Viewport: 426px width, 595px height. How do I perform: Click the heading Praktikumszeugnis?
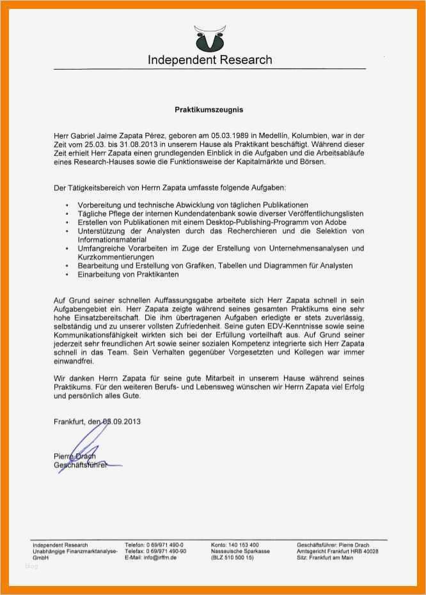(209, 109)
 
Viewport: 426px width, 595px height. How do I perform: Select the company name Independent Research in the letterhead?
(210, 61)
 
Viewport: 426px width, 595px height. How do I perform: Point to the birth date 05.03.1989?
(230, 136)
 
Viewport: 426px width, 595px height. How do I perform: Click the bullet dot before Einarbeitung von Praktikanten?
(67, 274)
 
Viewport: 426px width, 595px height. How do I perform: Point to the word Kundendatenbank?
(193, 212)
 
